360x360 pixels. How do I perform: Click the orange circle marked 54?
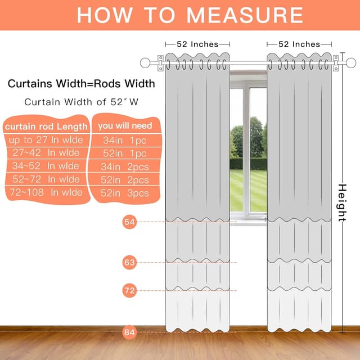click(129, 222)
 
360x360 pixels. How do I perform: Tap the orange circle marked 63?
click(129, 262)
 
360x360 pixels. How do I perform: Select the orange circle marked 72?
click(129, 290)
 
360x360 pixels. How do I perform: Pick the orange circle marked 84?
click(129, 332)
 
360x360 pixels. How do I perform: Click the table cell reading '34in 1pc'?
click(125, 140)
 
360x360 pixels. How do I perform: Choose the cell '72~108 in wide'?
click(46, 192)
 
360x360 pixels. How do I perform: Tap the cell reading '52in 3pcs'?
click(125, 193)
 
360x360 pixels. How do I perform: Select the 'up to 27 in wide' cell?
click(46, 140)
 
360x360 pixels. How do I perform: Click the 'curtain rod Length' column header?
click(46, 127)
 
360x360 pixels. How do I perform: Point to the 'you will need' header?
click(125, 126)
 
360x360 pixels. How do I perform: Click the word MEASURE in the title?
click(245, 15)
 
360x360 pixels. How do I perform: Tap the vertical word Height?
click(342, 202)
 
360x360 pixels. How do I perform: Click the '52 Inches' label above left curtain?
click(197, 44)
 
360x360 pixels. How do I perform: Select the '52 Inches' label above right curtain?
click(299, 44)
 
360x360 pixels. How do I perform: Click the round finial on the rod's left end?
click(145, 62)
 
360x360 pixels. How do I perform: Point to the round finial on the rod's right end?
click(351, 62)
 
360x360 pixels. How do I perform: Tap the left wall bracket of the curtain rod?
click(160, 63)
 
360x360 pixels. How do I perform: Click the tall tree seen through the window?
click(256, 137)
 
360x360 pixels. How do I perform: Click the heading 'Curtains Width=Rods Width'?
click(81, 84)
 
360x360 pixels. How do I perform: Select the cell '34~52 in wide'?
click(46, 166)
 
